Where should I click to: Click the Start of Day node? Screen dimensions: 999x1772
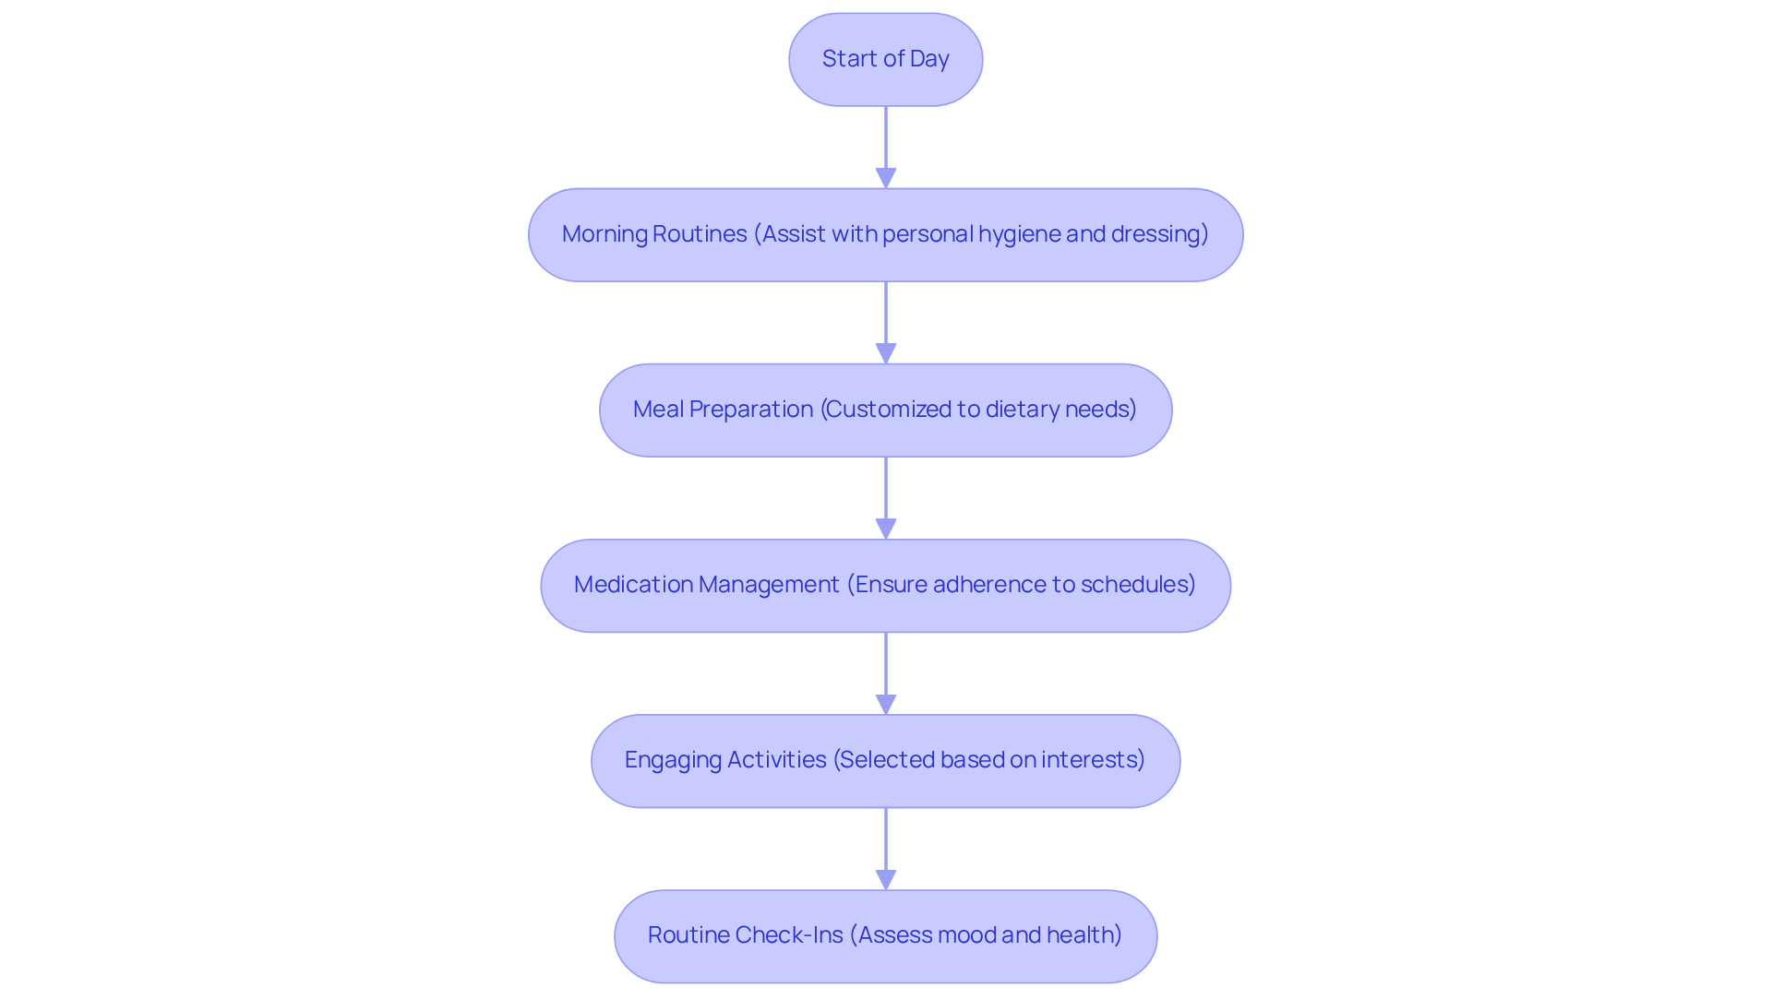[x=885, y=59]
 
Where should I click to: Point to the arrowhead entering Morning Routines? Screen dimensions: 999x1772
[x=885, y=178]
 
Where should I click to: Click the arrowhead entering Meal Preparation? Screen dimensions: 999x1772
[x=885, y=353]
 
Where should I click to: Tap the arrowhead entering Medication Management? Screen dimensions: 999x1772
[x=885, y=529]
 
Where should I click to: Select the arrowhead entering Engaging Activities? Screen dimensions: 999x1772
[x=885, y=704]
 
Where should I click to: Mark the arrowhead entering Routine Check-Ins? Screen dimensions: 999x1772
[x=885, y=879]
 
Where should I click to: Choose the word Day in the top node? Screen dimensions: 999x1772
[x=928, y=59]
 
